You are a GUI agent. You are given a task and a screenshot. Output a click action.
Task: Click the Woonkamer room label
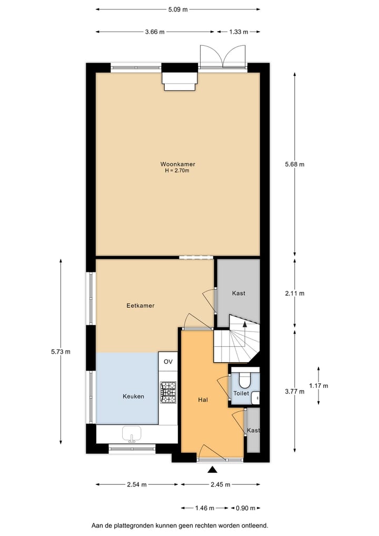tap(177, 164)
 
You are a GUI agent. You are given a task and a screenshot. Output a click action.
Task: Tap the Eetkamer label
tap(141, 305)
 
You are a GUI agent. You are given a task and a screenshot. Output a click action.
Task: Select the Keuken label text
tap(133, 396)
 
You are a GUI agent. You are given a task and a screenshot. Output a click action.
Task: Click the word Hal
tap(203, 400)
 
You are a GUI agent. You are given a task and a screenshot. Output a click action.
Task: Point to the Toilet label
tap(241, 393)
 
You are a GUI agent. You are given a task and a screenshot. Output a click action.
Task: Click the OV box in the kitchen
tap(168, 362)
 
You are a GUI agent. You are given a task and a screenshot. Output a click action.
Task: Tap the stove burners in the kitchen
tap(168, 392)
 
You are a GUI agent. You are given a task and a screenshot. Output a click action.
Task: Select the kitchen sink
tap(131, 434)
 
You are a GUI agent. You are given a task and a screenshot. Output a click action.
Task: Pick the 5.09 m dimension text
tap(178, 9)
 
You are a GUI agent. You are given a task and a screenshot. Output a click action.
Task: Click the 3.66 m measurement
tap(155, 32)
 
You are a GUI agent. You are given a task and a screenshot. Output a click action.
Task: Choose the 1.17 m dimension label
tap(318, 385)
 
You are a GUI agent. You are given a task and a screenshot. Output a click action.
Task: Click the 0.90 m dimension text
tap(246, 508)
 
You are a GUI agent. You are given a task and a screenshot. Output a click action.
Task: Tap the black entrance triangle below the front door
tap(212, 470)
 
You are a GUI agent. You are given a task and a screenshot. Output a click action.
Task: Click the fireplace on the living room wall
tap(179, 81)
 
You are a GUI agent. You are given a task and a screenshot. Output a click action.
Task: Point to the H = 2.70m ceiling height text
tap(177, 170)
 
